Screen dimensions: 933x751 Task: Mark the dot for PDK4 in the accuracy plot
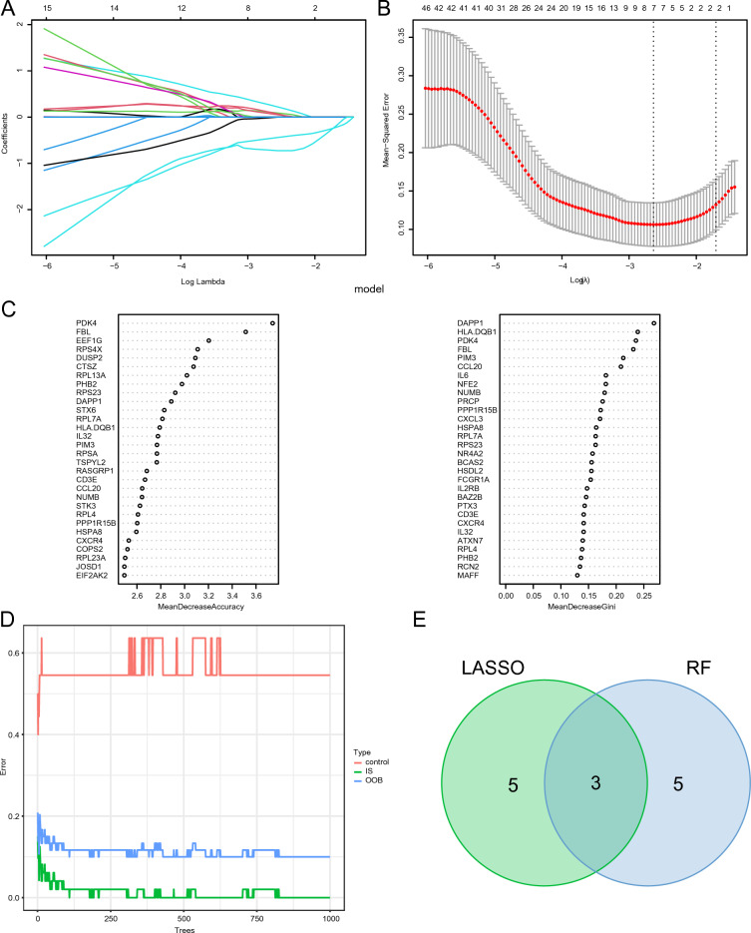point(272,322)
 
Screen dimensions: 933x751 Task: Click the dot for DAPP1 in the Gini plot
point(653,322)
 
